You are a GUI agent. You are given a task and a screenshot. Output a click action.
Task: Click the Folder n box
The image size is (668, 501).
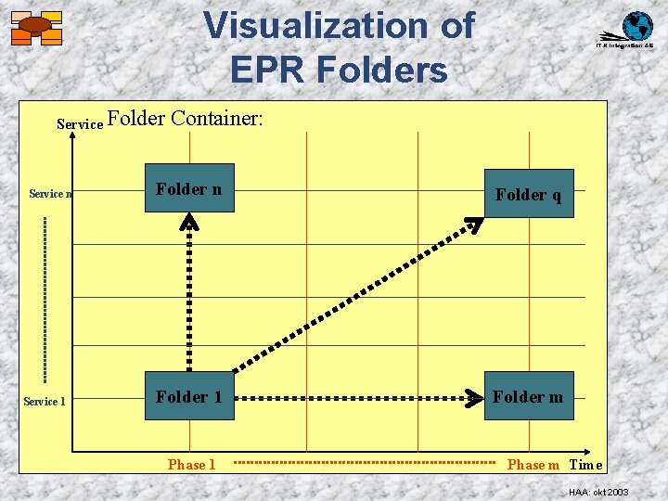189,188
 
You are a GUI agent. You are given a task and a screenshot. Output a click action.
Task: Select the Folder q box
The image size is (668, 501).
528,194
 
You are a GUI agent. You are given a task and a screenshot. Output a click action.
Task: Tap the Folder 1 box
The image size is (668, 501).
189,396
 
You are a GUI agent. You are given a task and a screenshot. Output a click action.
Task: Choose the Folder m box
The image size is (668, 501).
528,396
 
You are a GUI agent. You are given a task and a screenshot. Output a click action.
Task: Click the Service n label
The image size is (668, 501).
50,194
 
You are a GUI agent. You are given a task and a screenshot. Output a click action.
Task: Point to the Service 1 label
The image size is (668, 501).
45,402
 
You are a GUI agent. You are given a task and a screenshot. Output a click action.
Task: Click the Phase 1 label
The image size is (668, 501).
191,464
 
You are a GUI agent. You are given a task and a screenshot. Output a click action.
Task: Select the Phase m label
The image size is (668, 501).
533,465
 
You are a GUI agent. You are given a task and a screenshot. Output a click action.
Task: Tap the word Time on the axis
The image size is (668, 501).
585,465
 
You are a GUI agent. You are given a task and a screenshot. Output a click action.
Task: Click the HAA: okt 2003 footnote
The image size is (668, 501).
598,491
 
